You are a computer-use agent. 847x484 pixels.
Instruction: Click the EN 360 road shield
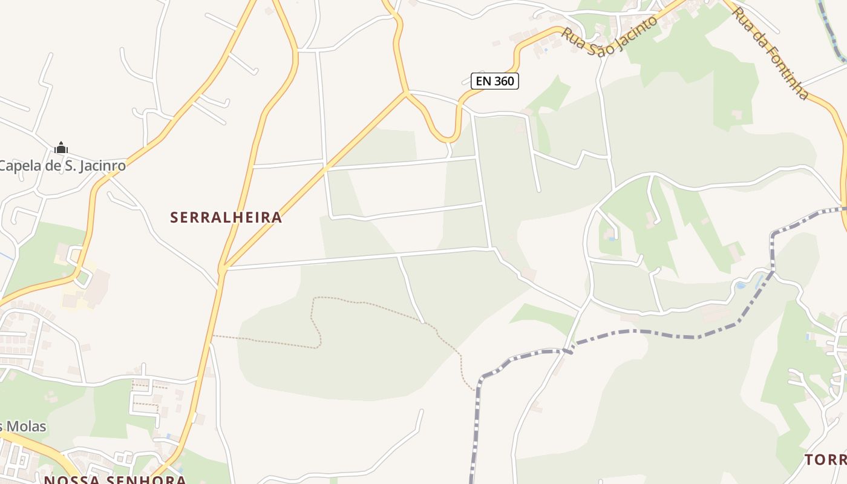[x=495, y=80]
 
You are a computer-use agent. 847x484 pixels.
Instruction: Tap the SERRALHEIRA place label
[x=226, y=217]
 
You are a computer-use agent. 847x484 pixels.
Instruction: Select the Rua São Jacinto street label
[x=609, y=36]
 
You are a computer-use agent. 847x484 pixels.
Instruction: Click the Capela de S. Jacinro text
[x=62, y=165]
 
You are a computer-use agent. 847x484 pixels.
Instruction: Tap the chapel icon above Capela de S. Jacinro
[x=61, y=147]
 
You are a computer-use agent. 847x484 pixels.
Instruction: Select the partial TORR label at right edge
[x=825, y=460]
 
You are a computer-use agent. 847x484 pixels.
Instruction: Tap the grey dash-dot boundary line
[x=653, y=332]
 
